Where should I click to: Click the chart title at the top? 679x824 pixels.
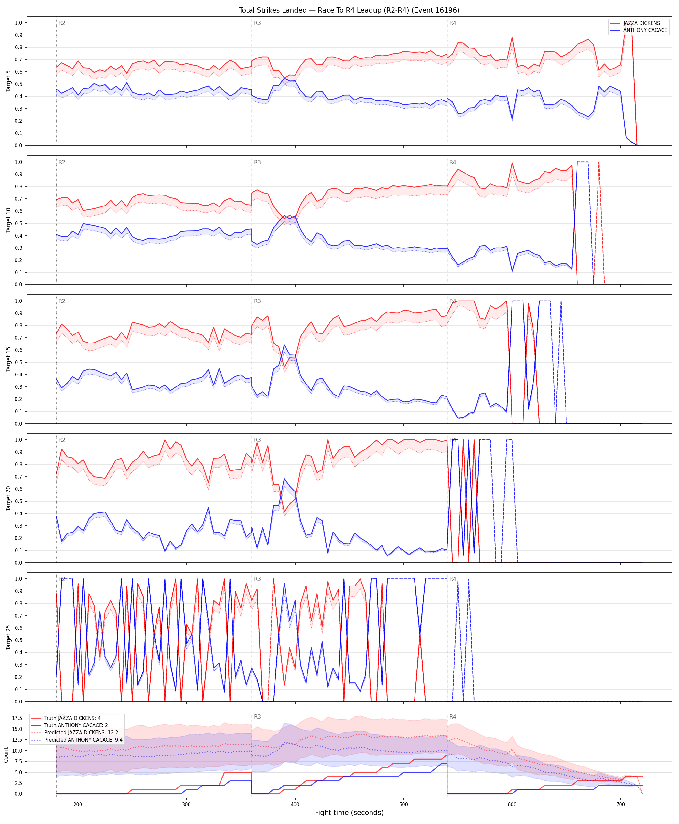[x=349, y=10]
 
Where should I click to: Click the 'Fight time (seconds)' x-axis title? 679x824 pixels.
[x=349, y=812]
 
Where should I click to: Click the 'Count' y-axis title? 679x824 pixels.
[x=6, y=755]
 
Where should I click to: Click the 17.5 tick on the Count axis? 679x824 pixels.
[x=17, y=718]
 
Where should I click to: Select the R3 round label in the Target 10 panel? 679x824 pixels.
[x=257, y=162]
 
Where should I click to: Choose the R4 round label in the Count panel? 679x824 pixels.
[x=453, y=717]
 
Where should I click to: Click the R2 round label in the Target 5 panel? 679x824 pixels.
[x=62, y=23]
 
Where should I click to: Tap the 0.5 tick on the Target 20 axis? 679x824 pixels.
[x=18, y=501]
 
